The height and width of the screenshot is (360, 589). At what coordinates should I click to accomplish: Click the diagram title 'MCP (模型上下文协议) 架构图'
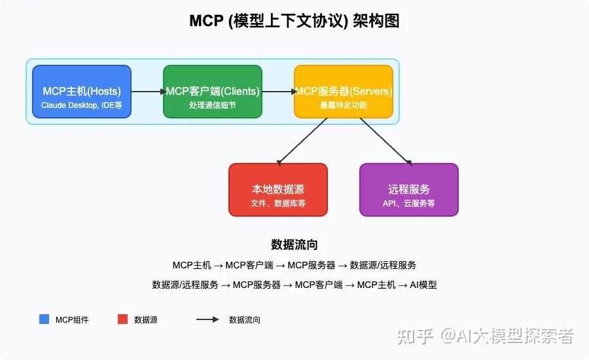click(x=294, y=21)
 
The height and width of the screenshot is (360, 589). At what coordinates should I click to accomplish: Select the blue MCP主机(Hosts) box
click(x=82, y=92)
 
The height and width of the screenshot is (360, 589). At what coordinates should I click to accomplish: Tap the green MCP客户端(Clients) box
click(x=213, y=92)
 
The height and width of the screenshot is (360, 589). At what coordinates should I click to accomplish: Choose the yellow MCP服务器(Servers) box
click(x=344, y=92)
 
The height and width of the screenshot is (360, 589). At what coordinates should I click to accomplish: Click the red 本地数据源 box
click(x=278, y=190)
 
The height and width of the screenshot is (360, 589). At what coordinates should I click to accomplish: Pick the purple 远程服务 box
click(x=409, y=190)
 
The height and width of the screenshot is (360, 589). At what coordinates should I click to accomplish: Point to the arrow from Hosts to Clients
click(x=147, y=92)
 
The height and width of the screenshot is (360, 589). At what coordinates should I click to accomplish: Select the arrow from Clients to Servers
click(x=278, y=92)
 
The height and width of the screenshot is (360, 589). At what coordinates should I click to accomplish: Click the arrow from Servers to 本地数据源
click(x=302, y=141)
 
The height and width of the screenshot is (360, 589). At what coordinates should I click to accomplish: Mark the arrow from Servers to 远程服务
click(x=386, y=141)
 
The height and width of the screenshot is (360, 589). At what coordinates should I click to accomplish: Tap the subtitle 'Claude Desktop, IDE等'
click(x=82, y=105)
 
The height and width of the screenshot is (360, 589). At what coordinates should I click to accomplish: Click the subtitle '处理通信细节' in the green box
click(x=213, y=105)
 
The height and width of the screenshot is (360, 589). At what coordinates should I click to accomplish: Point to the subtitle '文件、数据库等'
click(x=278, y=204)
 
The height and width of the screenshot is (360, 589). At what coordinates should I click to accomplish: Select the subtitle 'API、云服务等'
click(x=409, y=204)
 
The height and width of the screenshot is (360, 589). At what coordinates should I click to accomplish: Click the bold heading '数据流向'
click(x=294, y=245)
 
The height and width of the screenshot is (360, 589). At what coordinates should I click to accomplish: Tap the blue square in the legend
click(x=44, y=319)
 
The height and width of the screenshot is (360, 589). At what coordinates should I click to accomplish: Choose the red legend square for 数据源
click(x=122, y=319)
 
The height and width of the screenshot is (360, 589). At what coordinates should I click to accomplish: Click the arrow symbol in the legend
click(x=207, y=319)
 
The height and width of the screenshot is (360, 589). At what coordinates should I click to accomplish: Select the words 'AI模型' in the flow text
click(x=423, y=285)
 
